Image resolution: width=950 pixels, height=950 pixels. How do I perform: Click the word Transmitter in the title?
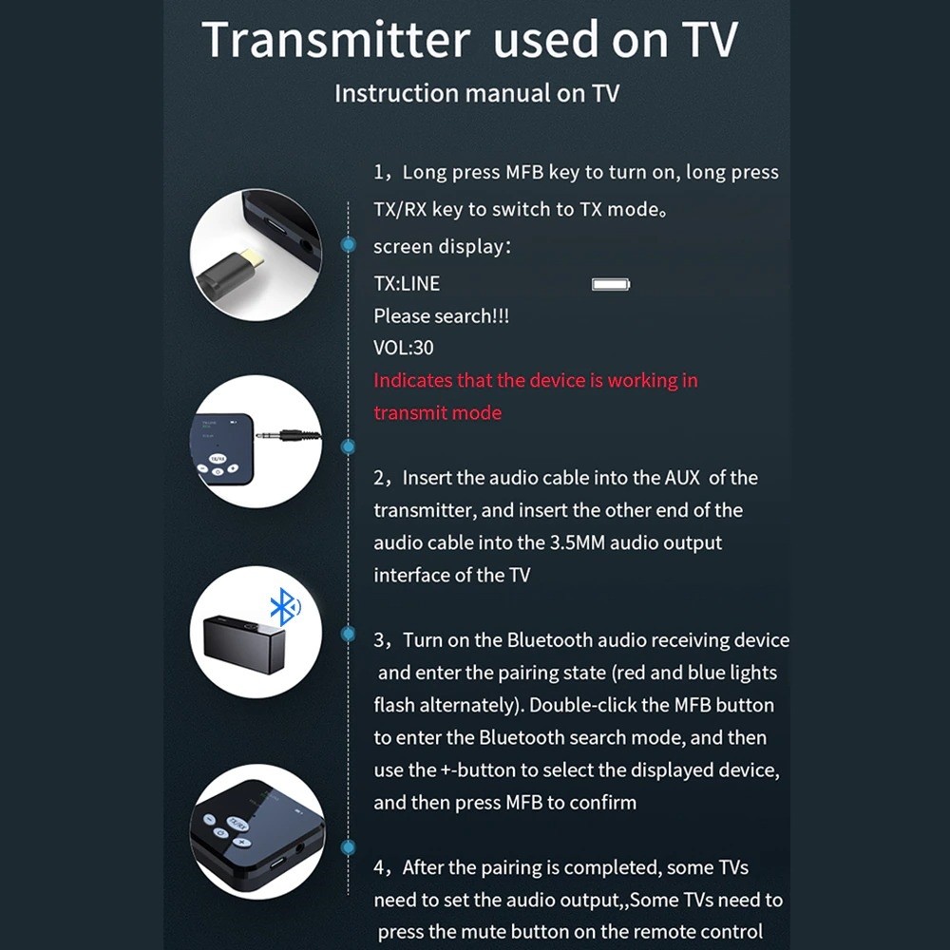click(336, 39)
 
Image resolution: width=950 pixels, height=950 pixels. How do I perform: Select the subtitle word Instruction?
click(397, 93)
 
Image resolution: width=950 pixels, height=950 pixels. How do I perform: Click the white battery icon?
click(611, 284)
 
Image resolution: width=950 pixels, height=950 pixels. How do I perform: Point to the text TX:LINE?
click(407, 283)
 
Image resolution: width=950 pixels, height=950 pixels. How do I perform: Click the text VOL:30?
click(404, 348)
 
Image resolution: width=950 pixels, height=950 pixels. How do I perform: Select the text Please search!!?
click(441, 315)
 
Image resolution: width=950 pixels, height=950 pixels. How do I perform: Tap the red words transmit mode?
click(437, 412)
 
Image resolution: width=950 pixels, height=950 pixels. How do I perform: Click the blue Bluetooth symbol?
click(284, 606)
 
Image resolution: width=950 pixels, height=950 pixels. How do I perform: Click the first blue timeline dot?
click(349, 244)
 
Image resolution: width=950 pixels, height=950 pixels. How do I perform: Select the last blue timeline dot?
click(349, 847)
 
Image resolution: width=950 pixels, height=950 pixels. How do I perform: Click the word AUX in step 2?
click(682, 478)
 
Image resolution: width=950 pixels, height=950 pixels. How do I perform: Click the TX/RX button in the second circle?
click(217, 458)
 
